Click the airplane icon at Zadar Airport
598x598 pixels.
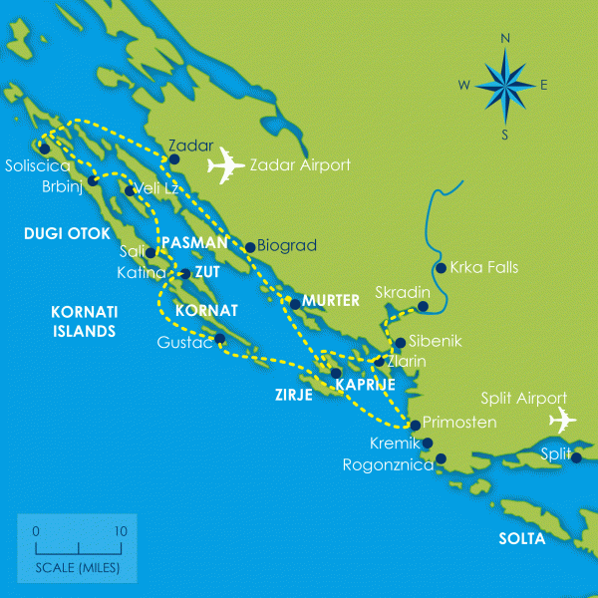click(x=226, y=164)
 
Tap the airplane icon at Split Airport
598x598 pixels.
click(x=560, y=420)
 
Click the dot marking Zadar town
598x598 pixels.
click(x=174, y=158)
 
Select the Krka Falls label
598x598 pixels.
click(x=484, y=267)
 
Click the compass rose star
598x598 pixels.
click(x=504, y=87)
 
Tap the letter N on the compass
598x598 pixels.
click(x=505, y=39)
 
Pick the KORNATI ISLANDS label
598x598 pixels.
click(x=83, y=321)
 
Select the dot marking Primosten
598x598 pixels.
click(x=416, y=425)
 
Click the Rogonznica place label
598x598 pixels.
click(x=388, y=464)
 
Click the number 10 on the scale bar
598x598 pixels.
click(x=120, y=531)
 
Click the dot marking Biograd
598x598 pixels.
click(x=249, y=246)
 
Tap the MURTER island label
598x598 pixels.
click(x=331, y=301)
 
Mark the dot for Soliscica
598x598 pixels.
click(x=44, y=149)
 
